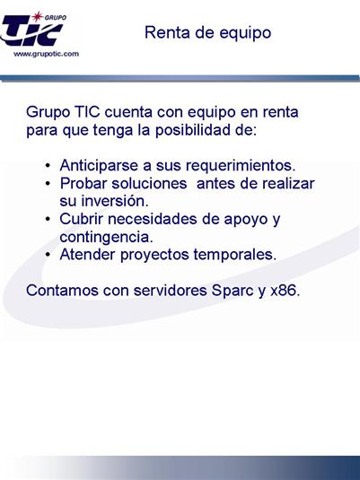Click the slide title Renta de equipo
[x=207, y=33]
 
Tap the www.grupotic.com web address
[x=47, y=54]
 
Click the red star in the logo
[x=38, y=16]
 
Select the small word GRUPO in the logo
[x=56, y=17]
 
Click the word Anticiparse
[x=100, y=166]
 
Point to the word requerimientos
[x=241, y=166]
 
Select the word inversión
[x=115, y=201]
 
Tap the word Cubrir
[x=81, y=219]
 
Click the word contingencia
[x=106, y=237]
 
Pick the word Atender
[x=87, y=255]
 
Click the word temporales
[x=235, y=255]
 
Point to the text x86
[x=285, y=291]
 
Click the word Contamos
[x=62, y=291]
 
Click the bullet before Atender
[x=48, y=255]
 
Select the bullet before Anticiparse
[x=48, y=166]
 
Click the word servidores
[x=170, y=291]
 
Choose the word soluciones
[x=149, y=184]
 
